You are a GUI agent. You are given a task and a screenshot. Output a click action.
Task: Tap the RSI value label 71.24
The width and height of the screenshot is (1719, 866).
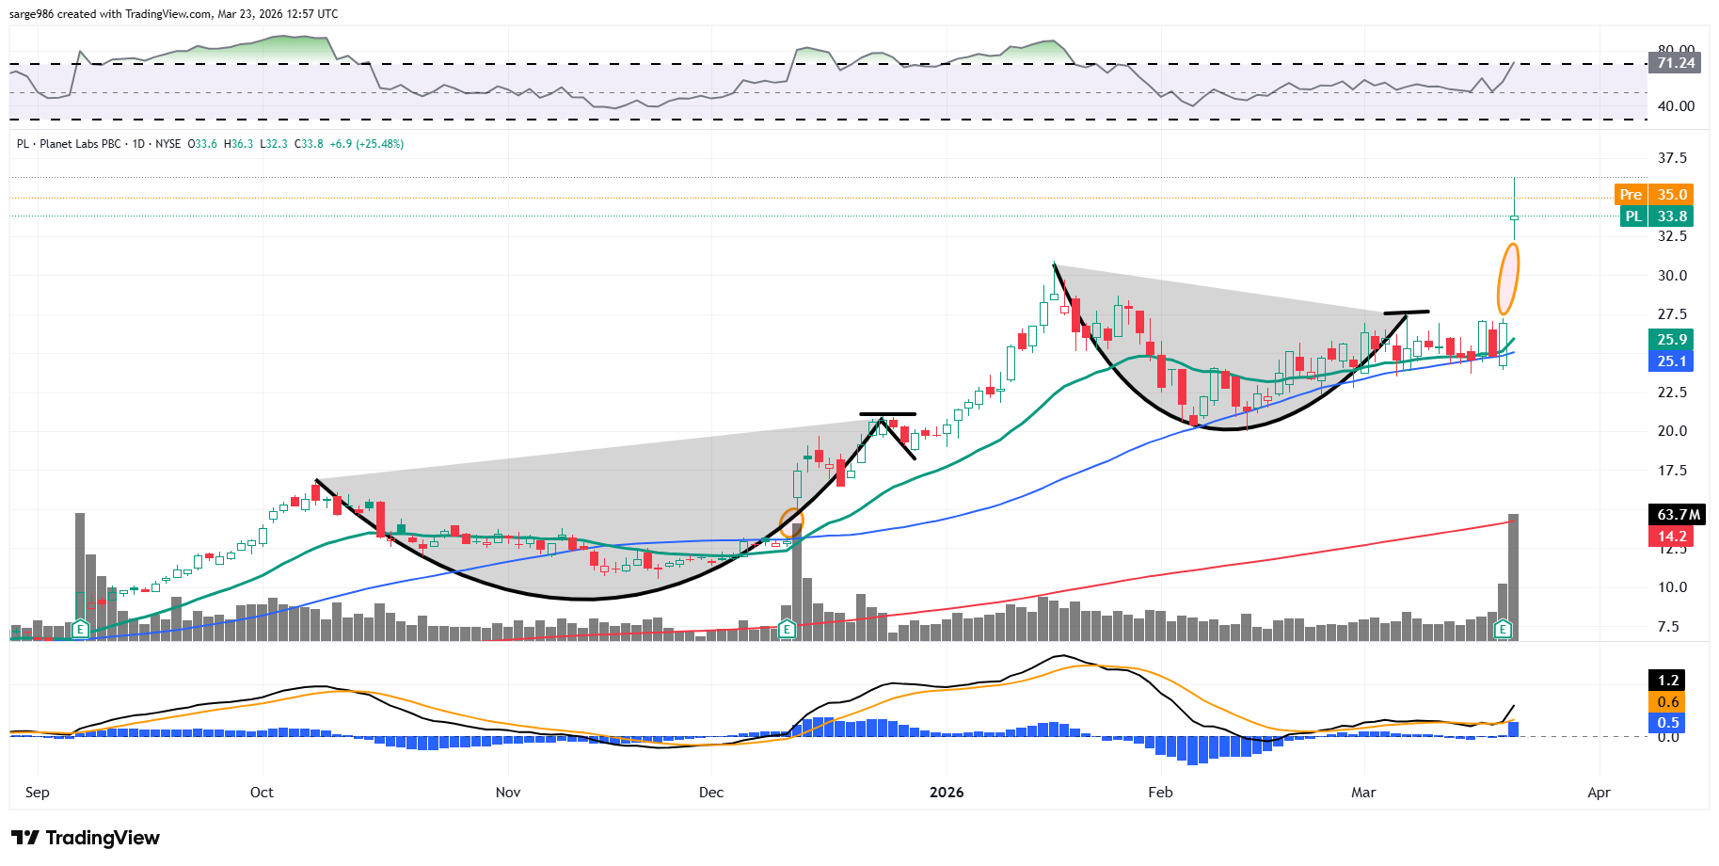(x=1675, y=63)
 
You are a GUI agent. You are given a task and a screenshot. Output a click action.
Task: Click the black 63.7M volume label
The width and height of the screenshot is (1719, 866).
(x=1678, y=515)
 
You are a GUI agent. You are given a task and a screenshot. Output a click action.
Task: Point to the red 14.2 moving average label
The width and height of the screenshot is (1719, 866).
(x=1671, y=537)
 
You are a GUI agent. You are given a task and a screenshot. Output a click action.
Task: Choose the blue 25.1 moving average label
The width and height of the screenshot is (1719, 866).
(x=1671, y=361)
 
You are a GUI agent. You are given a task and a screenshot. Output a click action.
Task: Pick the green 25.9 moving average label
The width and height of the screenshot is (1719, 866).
(x=1671, y=340)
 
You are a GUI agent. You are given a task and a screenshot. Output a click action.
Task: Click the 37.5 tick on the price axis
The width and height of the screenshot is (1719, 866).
(x=1671, y=158)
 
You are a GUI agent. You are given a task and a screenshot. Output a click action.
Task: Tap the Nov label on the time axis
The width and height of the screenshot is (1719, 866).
(x=508, y=793)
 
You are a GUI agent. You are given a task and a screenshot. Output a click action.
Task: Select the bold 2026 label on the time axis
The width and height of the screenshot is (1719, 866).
(x=947, y=793)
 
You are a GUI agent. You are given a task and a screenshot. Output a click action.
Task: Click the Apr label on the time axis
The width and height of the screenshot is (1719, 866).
(x=1599, y=793)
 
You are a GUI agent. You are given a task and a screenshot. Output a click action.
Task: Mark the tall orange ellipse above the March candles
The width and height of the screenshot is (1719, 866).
(x=1507, y=279)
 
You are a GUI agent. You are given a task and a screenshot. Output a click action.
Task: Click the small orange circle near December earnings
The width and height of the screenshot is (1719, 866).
(x=792, y=521)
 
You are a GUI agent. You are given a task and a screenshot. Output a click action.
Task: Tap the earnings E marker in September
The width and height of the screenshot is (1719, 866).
(x=81, y=629)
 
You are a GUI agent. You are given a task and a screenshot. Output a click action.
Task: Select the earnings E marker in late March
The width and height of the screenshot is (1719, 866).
(x=1503, y=629)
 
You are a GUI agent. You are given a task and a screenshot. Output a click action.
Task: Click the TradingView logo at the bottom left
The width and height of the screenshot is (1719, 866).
(x=86, y=838)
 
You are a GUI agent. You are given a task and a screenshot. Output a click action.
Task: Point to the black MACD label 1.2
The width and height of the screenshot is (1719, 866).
(x=1667, y=681)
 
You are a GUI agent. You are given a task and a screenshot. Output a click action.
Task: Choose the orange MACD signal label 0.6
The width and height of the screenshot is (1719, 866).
(x=1667, y=702)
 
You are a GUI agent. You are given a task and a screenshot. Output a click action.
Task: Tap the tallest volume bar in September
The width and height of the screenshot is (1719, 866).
(x=80, y=574)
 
